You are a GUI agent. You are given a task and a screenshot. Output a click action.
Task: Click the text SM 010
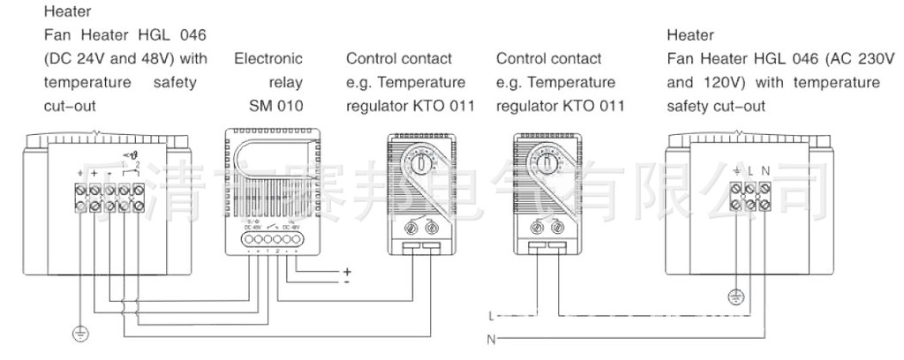276,106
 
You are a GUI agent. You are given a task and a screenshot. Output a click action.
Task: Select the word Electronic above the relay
268,59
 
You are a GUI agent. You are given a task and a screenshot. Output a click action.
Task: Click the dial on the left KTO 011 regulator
423,164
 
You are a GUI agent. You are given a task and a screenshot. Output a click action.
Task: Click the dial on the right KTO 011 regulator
547,164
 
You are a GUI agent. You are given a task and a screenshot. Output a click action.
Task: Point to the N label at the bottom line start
490,339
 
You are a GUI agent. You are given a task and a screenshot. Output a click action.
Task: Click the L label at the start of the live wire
490,314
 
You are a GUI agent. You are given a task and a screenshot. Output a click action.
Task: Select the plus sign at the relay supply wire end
347,271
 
